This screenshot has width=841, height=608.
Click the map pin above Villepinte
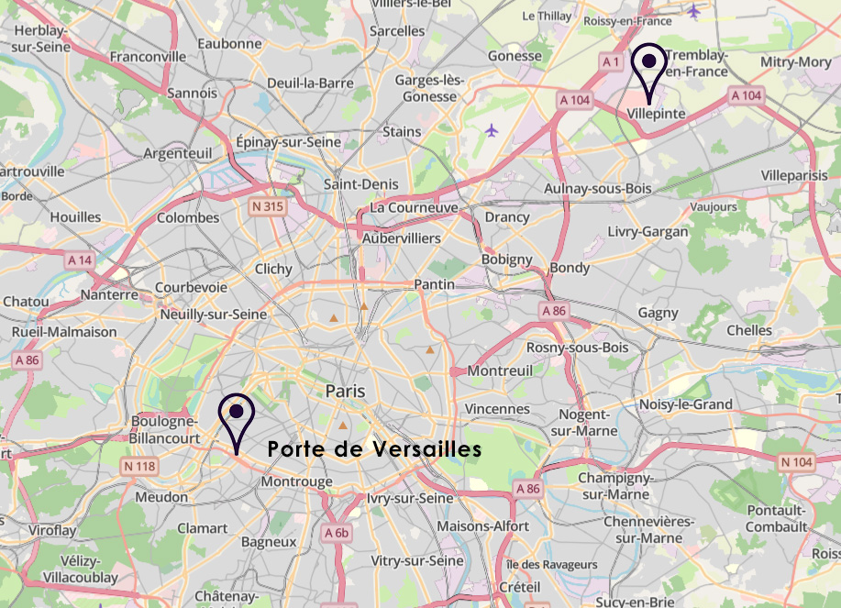tap(649, 62)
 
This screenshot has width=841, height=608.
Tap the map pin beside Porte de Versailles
tap(237, 413)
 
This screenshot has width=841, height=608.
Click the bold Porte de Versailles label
tap(374, 449)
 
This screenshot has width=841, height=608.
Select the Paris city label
tap(345, 392)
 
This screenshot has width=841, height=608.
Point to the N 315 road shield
tap(267, 208)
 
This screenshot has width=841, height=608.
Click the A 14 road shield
tap(80, 260)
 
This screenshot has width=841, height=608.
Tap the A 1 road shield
tap(612, 61)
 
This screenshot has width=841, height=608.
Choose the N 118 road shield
tap(139, 467)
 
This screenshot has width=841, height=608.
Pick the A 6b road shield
tap(337, 532)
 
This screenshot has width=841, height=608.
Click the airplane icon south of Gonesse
tap(492, 130)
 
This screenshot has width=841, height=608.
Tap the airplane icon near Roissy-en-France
tap(693, 11)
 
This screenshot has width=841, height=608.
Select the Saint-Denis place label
tap(361, 184)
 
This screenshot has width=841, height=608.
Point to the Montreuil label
tap(500, 370)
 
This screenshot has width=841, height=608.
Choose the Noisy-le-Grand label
tap(686, 404)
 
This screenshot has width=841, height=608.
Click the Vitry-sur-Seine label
tap(417, 560)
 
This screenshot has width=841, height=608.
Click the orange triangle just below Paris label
tap(343, 426)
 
